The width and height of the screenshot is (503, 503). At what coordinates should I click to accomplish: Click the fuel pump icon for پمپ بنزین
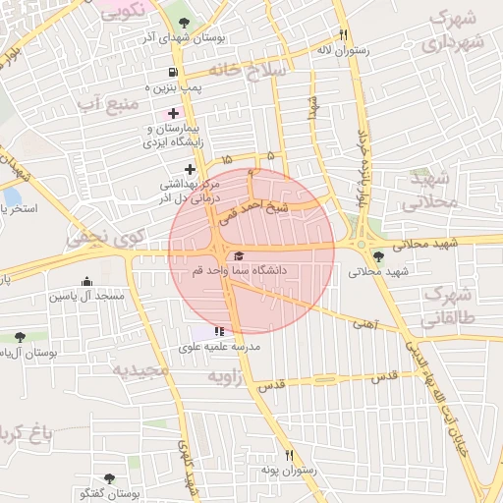tap(174, 72)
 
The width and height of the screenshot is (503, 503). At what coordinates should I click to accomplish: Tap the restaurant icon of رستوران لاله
tap(343, 33)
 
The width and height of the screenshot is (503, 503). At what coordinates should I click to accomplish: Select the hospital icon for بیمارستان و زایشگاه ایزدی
tap(174, 114)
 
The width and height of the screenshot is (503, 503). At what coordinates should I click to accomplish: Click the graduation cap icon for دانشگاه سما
tap(239, 255)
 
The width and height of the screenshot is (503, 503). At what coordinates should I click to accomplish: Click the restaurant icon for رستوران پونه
tap(289, 455)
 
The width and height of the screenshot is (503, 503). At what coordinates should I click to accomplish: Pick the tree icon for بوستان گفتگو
tap(108, 478)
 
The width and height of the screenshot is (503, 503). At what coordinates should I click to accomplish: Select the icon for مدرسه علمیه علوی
tap(218, 332)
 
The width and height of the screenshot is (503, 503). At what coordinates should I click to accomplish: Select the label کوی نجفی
tap(105, 236)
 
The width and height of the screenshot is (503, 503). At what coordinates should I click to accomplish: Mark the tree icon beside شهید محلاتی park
tap(379, 257)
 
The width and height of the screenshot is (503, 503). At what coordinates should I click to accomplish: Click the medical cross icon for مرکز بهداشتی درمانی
tap(190, 169)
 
